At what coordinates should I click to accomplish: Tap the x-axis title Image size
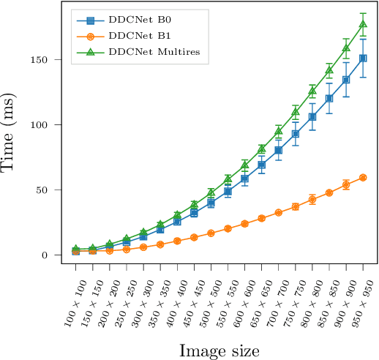pyautogui.click(x=219, y=350)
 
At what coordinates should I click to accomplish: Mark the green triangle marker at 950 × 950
pyautogui.click(x=363, y=24)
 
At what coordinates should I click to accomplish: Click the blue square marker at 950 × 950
pyautogui.click(x=363, y=58)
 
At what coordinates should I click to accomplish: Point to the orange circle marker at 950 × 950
pyautogui.click(x=363, y=178)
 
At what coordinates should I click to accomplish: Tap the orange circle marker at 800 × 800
pyautogui.click(x=312, y=200)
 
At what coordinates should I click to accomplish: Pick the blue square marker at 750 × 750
pyautogui.click(x=296, y=134)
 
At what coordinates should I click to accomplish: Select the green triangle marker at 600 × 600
pyautogui.click(x=245, y=165)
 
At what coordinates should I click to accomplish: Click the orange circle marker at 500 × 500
pyautogui.click(x=211, y=233)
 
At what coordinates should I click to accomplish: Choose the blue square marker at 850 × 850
pyautogui.click(x=329, y=98)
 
